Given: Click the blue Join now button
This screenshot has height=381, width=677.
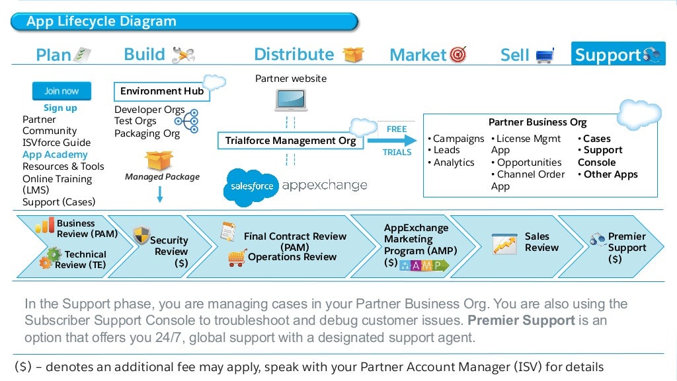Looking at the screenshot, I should pos(61,91).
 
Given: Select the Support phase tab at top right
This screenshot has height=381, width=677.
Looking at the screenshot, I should pos(618,55).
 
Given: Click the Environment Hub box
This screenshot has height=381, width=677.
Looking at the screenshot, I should pos(162,91).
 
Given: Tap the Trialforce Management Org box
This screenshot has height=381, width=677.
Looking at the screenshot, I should pos(290,141).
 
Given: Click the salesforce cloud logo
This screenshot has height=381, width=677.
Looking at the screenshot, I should pos(252,185).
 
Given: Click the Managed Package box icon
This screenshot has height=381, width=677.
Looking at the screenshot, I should pos(159,160).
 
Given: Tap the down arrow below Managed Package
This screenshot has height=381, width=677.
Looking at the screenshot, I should pos(159,194).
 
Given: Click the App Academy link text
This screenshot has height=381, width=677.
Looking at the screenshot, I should pos(55,155).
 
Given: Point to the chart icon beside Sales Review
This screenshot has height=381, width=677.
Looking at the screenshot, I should pos(504,244).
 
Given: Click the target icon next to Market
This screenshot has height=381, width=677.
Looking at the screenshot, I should pos(458,55).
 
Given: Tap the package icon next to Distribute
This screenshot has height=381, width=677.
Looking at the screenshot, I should pos(354,54).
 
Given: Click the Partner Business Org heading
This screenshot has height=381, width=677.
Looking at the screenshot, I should pos(537,122).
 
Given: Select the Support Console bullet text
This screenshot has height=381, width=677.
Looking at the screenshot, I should pos(600,156).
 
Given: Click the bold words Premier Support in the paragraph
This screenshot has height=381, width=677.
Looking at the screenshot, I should pos(521,321).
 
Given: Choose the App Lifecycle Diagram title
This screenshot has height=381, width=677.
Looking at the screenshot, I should pos(101,22).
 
